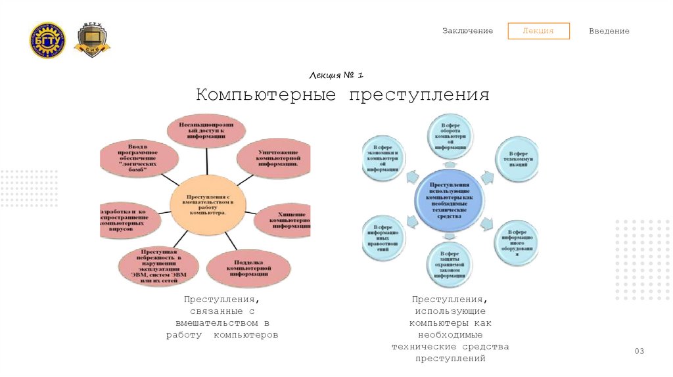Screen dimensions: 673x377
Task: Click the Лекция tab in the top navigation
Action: pyautogui.click(x=538, y=31)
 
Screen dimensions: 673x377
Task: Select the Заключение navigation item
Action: pyautogui.click(x=467, y=31)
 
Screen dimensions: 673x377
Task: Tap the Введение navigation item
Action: pyautogui.click(x=609, y=31)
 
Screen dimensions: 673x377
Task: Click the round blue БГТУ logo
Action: pyautogui.click(x=47, y=41)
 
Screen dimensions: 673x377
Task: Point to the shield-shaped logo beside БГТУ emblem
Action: pyautogui.click(x=91, y=41)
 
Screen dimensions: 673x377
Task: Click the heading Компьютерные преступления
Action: pyautogui.click(x=342, y=95)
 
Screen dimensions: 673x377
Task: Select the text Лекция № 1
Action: pyautogui.click(x=341, y=76)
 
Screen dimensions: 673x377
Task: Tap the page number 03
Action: pyautogui.click(x=639, y=351)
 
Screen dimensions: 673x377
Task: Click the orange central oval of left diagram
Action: pyautogui.click(x=208, y=204)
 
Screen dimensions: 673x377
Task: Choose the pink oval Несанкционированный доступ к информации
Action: pyautogui.click(x=206, y=130)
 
